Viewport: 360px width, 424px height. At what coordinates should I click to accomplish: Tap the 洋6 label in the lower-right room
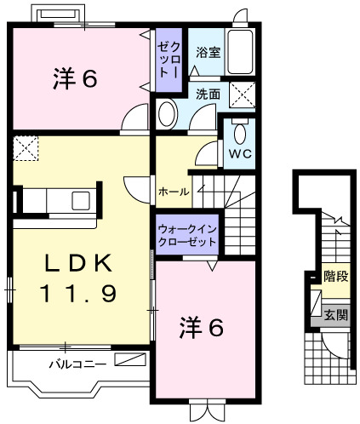click(x=202, y=326)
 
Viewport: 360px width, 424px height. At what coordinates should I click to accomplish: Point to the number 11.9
click(x=77, y=294)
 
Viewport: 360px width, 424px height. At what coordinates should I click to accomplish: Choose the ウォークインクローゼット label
click(x=186, y=236)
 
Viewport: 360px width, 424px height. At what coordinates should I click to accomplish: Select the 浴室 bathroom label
click(x=209, y=52)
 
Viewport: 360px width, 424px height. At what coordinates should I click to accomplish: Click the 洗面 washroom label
click(x=209, y=95)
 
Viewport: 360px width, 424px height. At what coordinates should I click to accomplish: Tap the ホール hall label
click(x=173, y=192)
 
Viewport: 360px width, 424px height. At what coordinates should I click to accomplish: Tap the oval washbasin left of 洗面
click(x=167, y=113)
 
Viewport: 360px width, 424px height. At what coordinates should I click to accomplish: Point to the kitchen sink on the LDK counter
click(x=82, y=202)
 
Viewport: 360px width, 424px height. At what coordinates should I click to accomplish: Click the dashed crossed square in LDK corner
click(x=26, y=149)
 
